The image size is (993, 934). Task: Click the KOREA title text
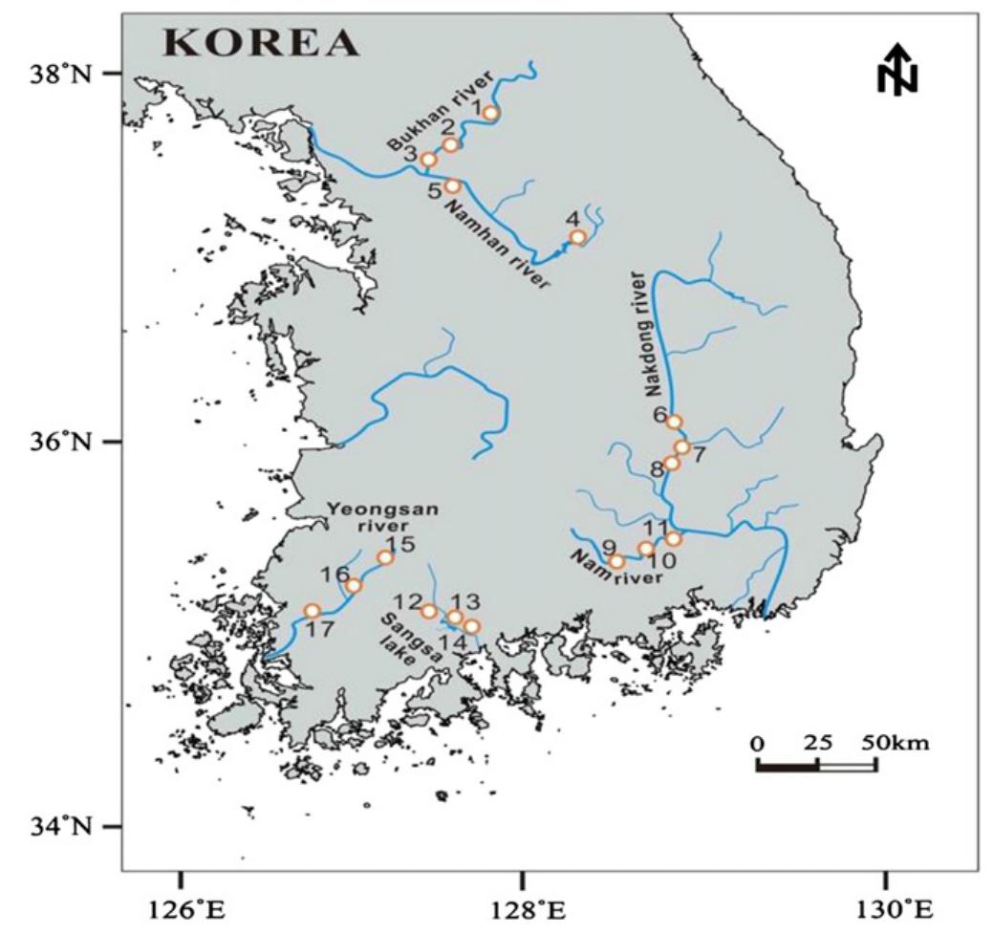[x=261, y=43]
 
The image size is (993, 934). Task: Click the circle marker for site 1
[x=490, y=113]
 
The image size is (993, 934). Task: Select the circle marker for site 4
[x=577, y=237]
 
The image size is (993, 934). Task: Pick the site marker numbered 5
[x=453, y=185]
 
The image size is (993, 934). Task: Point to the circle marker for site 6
[x=674, y=422]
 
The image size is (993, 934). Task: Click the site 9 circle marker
[x=616, y=561]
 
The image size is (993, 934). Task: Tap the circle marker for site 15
[x=385, y=557]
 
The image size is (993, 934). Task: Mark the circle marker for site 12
[x=429, y=611]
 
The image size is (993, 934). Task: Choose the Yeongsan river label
[x=382, y=517]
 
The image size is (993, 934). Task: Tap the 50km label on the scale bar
[x=896, y=742]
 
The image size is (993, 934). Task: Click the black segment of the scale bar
[x=787, y=766]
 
